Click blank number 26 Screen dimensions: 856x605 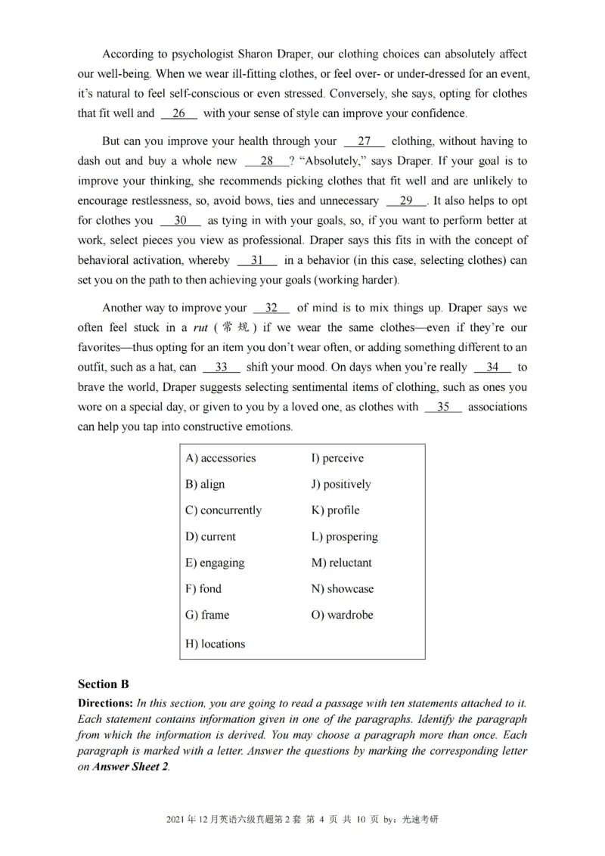(x=179, y=113)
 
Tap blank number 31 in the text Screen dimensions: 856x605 (x=257, y=259)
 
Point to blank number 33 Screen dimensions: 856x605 (x=222, y=367)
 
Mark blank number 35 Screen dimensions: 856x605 (x=443, y=406)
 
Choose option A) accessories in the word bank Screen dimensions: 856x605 (x=220, y=457)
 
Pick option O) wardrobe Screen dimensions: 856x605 (x=342, y=615)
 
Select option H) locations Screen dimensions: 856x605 (x=215, y=644)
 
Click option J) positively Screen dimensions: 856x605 (x=341, y=484)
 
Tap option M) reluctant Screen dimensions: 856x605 (x=341, y=563)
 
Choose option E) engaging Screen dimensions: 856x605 (x=215, y=563)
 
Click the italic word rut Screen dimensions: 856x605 (x=200, y=328)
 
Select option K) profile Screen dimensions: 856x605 (x=335, y=510)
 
